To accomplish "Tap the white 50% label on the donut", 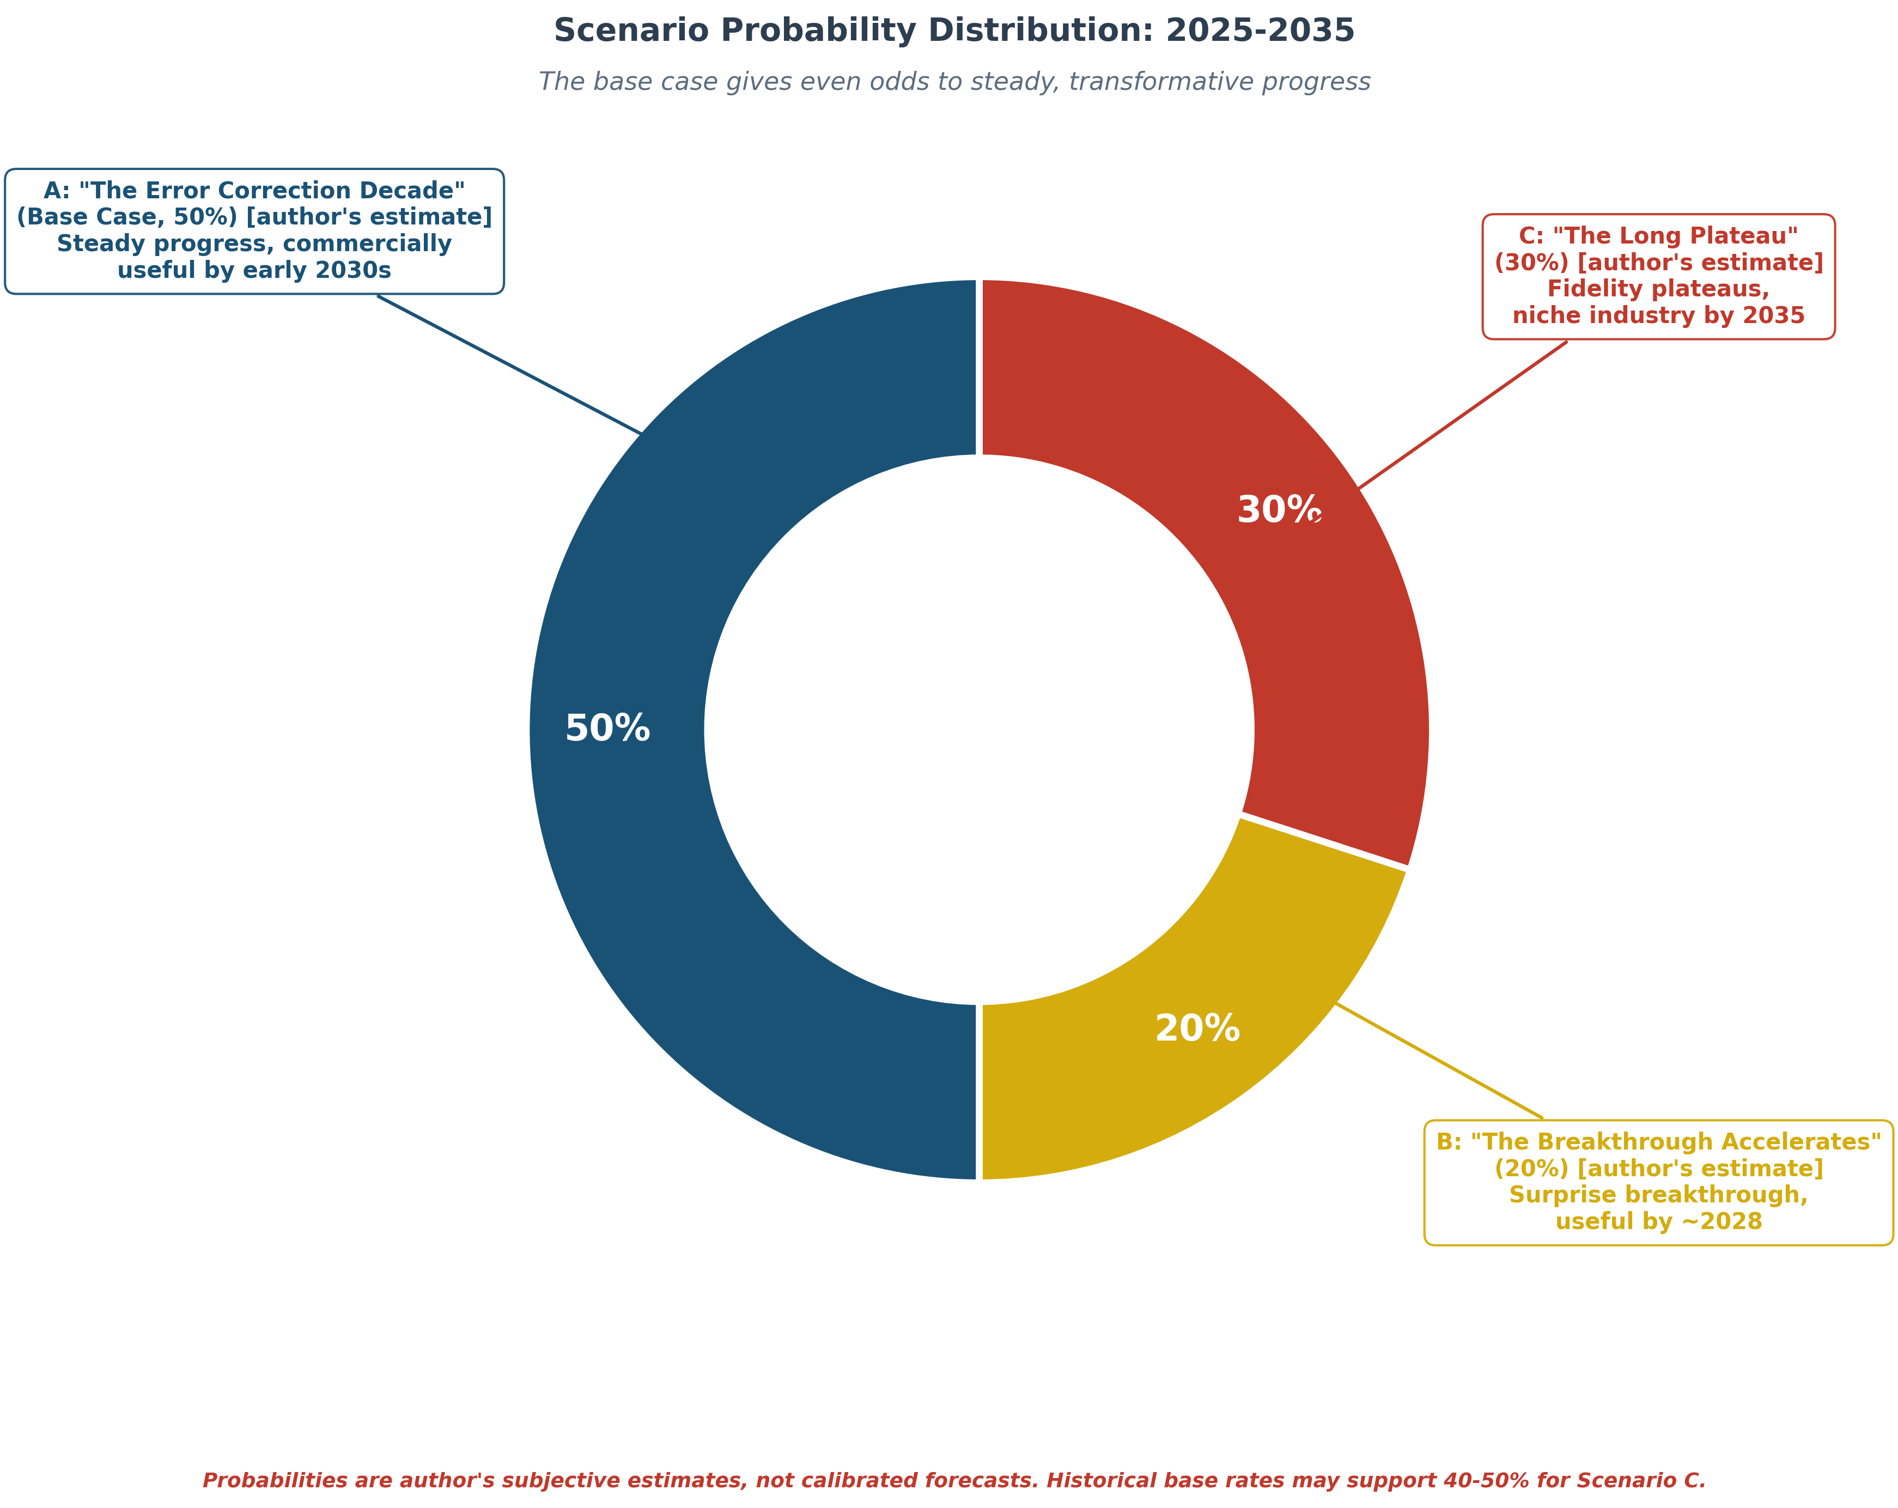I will (x=607, y=729).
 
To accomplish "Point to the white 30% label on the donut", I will (x=1278, y=510).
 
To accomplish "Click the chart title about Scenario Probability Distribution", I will (x=953, y=31).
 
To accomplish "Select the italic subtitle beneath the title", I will (x=953, y=82).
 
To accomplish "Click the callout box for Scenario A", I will (x=254, y=230).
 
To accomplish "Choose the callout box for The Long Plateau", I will (x=1658, y=276).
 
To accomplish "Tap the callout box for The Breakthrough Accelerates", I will (x=1658, y=1182).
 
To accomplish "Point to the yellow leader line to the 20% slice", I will (x=1439, y=1061).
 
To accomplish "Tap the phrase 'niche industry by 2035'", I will (x=1658, y=315).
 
